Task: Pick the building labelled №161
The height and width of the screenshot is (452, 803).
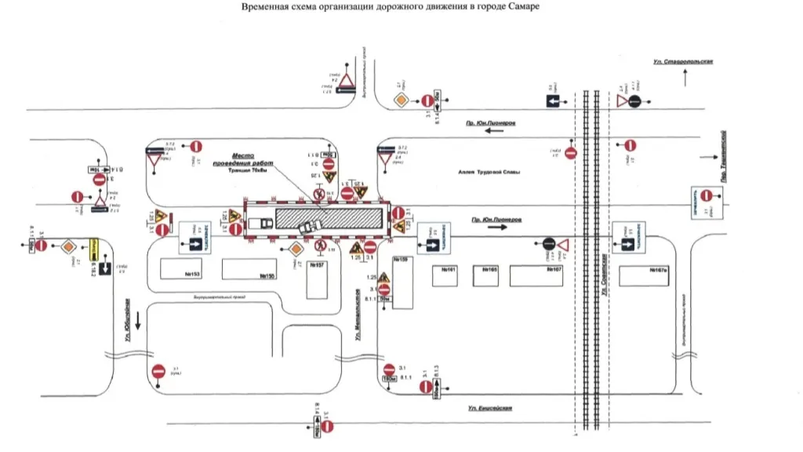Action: click(x=449, y=275)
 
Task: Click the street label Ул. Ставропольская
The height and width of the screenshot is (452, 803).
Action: click(x=682, y=61)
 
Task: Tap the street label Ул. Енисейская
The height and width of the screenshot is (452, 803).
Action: click(x=490, y=408)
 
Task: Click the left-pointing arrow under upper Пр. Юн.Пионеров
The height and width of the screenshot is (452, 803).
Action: click(x=494, y=134)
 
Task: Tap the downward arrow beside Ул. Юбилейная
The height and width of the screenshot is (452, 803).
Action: click(x=139, y=320)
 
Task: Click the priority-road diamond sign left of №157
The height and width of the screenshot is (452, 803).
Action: click(x=296, y=249)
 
